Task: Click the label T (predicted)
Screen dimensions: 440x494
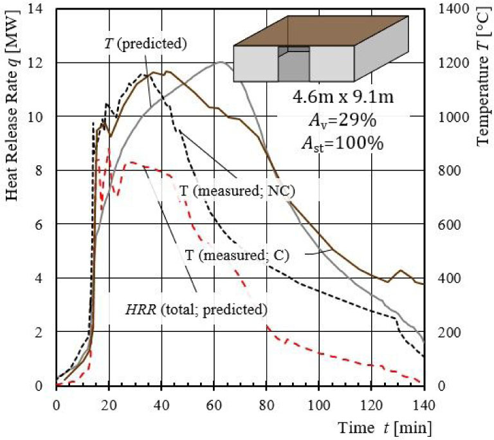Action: coord(145,44)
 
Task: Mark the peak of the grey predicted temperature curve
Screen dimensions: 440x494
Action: coord(221,62)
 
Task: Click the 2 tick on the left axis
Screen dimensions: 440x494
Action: coord(45,332)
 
